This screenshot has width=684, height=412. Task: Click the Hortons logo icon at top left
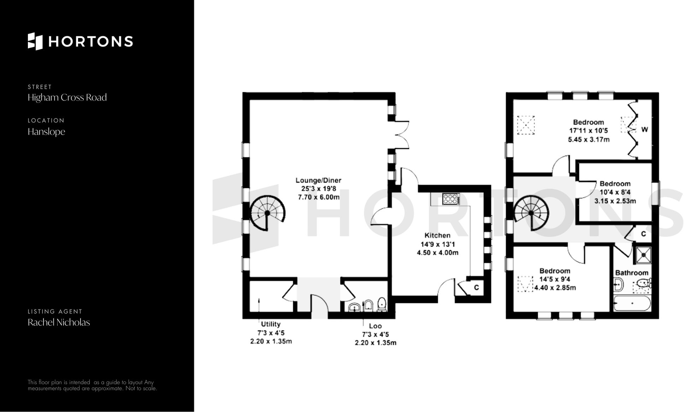(x=35, y=41)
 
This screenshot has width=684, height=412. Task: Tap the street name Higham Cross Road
(x=67, y=98)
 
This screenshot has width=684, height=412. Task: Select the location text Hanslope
(x=46, y=132)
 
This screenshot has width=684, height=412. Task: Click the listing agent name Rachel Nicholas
(x=59, y=322)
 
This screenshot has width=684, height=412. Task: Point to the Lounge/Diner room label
(x=318, y=180)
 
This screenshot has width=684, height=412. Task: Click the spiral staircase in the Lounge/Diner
(x=267, y=213)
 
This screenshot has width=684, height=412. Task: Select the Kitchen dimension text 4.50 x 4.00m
(x=437, y=253)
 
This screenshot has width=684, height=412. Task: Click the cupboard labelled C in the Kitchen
(x=476, y=288)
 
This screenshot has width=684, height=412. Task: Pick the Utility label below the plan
(x=271, y=324)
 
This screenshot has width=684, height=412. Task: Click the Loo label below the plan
(x=375, y=326)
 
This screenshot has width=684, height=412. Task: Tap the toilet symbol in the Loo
(x=382, y=304)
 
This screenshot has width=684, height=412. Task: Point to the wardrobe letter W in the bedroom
(x=644, y=130)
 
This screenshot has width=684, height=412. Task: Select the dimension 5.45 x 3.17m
(x=588, y=140)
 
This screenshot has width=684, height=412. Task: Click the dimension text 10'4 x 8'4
(x=615, y=192)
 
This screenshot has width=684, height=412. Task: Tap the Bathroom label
(x=632, y=273)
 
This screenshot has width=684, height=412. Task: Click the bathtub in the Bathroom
(x=632, y=304)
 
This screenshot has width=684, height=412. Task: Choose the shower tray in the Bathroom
(x=643, y=255)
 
